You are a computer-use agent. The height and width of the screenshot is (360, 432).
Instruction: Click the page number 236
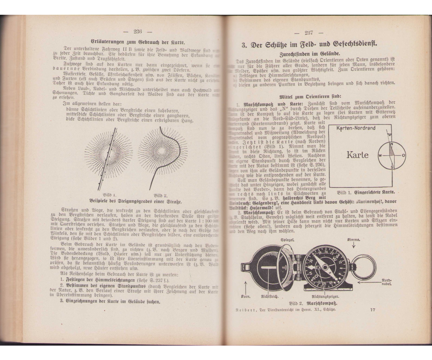138,31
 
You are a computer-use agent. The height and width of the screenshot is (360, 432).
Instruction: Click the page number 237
309,33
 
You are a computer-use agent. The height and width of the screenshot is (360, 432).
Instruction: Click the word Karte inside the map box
357,155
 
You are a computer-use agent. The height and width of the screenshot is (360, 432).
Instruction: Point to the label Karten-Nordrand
355,128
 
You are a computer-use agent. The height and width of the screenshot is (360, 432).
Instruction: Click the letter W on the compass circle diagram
379,156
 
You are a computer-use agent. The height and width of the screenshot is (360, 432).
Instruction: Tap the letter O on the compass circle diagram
403,156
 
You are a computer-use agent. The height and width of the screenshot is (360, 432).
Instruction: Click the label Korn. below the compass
246,297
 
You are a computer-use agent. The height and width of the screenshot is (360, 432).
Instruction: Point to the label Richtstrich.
269,297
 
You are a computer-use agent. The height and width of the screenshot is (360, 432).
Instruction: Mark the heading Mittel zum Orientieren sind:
309,97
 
